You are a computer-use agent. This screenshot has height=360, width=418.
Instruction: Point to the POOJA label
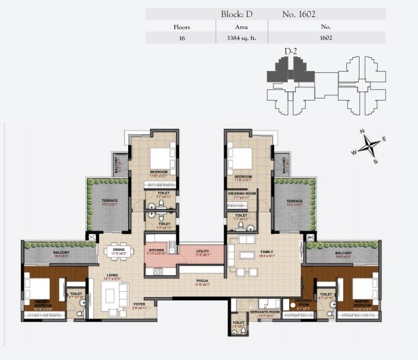coord(201,281)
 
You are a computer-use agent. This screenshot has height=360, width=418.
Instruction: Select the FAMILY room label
coord(267,251)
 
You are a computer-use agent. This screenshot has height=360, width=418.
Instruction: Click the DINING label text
coord(118,250)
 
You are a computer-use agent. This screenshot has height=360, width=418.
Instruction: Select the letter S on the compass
coord(375,161)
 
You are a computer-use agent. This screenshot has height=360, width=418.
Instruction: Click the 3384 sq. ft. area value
coord(241,38)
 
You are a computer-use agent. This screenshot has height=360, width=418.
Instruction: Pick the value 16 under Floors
coord(181,38)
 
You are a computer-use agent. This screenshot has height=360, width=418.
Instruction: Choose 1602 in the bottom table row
coord(325,38)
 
